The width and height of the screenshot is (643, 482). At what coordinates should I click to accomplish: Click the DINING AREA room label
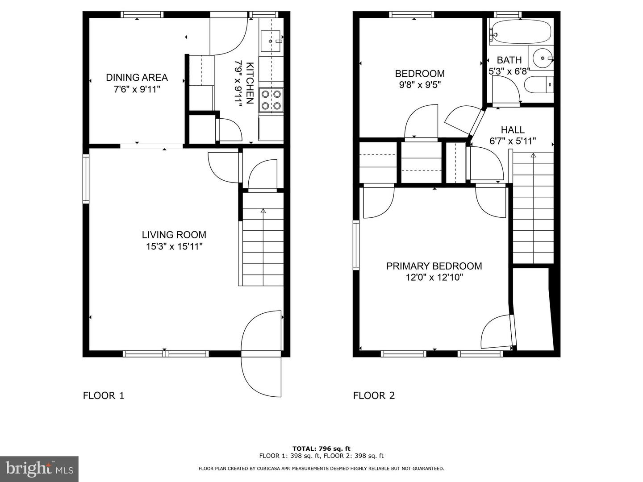[x=137, y=78]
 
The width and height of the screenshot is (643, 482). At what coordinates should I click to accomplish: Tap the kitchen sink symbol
[x=271, y=41]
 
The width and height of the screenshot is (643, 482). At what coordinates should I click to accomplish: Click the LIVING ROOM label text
[x=174, y=235]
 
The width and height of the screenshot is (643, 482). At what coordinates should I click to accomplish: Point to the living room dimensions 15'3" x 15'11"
[x=174, y=246]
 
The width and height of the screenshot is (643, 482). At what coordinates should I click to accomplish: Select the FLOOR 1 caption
[x=104, y=395]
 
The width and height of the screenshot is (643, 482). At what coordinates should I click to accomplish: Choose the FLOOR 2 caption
[x=374, y=395]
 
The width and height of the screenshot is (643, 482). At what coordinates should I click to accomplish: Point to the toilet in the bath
[x=539, y=85]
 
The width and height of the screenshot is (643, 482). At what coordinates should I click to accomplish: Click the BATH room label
[x=509, y=60]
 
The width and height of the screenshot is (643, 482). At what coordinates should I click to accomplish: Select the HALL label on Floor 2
[x=513, y=130]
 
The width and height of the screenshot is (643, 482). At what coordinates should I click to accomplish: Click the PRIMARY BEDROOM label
[x=434, y=266]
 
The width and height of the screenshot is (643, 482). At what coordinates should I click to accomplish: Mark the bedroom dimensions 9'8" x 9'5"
[x=420, y=85]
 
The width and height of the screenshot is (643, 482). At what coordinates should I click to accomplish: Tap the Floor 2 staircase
[x=533, y=208]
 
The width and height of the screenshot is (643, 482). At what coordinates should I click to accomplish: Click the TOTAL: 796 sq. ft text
[x=321, y=449]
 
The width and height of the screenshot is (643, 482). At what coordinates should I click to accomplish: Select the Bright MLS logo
[x=39, y=469]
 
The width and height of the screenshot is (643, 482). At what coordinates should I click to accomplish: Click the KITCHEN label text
[x=250, y=83]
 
